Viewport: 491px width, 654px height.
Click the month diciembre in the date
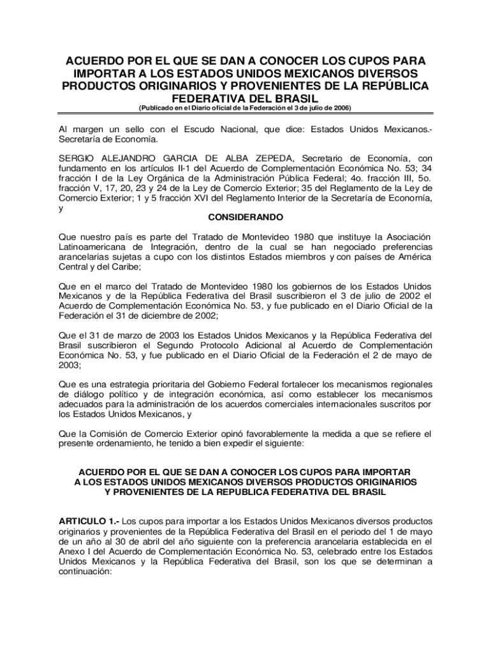(162, 316)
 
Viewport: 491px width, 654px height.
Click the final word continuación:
(85, 572)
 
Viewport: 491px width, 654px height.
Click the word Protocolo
(216, 346)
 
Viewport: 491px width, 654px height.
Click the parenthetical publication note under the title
(246, 108)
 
